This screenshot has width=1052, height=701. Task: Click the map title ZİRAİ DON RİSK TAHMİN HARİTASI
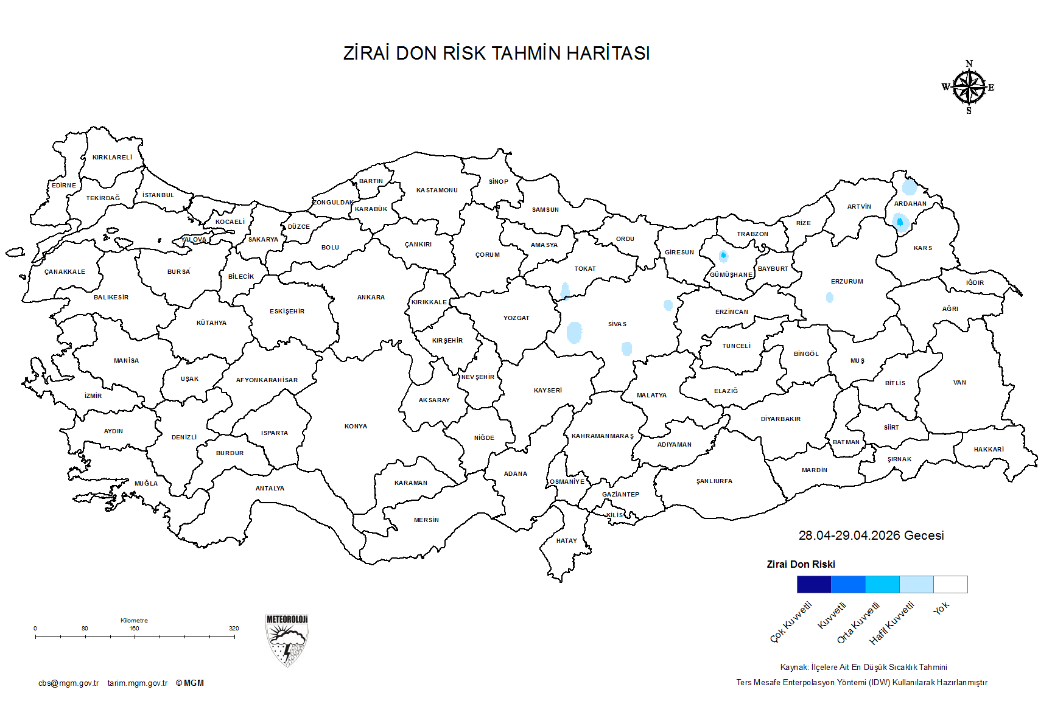pyautogui.click(x=496, y=54)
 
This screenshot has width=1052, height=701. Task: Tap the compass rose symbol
pyautogui.click(x=969, y=88)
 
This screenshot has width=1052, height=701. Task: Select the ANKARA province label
pyautogui.click(x=371, y=298)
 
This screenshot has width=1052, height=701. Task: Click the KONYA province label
pyautogui.click(x=356, y=427)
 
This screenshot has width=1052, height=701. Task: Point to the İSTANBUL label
pyautogui.click(x=158, y=195)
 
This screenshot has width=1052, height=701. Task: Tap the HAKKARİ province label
pyautogui.click(x=989, y=450)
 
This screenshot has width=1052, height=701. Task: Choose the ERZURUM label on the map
pyautogui.click(x=847, y=282)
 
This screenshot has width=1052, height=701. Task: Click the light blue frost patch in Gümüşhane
pyautogui.click(x=723, y=256)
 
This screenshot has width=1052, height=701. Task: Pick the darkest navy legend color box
pyautogui.click(x=814, y=584)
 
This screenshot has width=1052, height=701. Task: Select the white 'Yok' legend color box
pyautogui.click(x=950, y=584)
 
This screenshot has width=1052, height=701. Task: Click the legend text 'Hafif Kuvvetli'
pyautogui.click(x=892, y=623)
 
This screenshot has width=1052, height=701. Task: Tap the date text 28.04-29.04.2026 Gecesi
pyautogui.click(x=871, y=535)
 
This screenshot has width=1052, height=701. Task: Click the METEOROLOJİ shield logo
pyautogui.click(x=287, y=640)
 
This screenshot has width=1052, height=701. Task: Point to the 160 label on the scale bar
pyautogui.click(x=134, y=628)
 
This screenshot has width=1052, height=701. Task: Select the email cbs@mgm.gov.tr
pyautogui.click(x=68, y=683)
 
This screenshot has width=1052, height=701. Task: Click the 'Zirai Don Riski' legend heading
pyautogui.click(x=801, y=564)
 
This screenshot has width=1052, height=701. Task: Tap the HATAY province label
pyautogui.click(x=566, y=541)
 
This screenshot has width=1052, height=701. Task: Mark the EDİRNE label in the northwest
pyautogui.click(x=64, y=186)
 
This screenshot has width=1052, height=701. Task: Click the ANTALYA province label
pyautogui.click(x=270, y=489)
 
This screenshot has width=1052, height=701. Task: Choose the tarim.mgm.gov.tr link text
pyautogui.click(x=138, y=683)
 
